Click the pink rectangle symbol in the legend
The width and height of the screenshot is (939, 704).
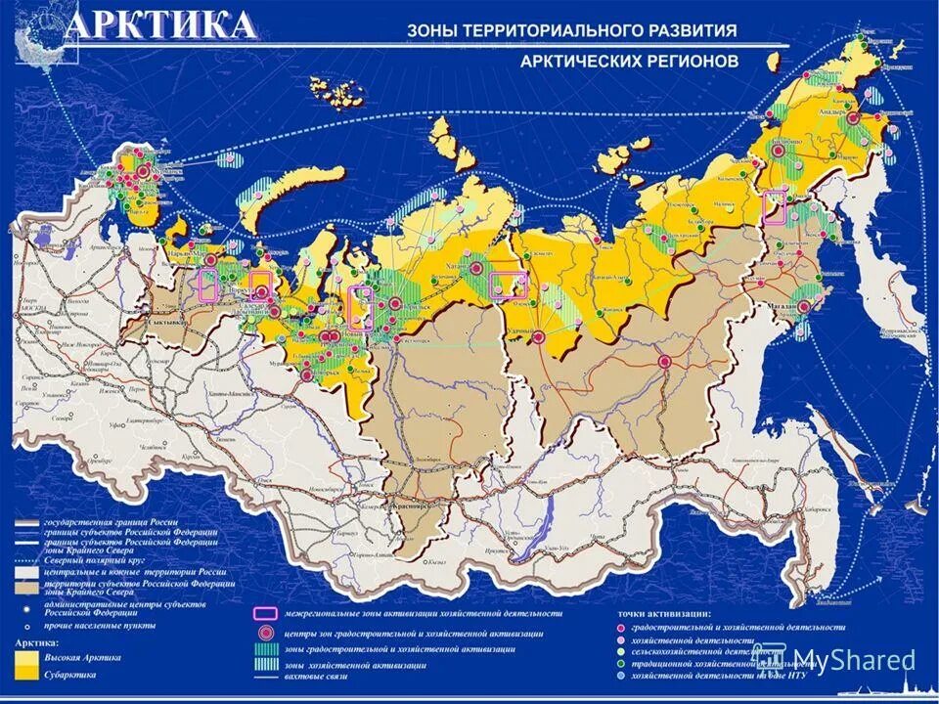264,614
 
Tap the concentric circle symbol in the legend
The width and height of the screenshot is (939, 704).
264,632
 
